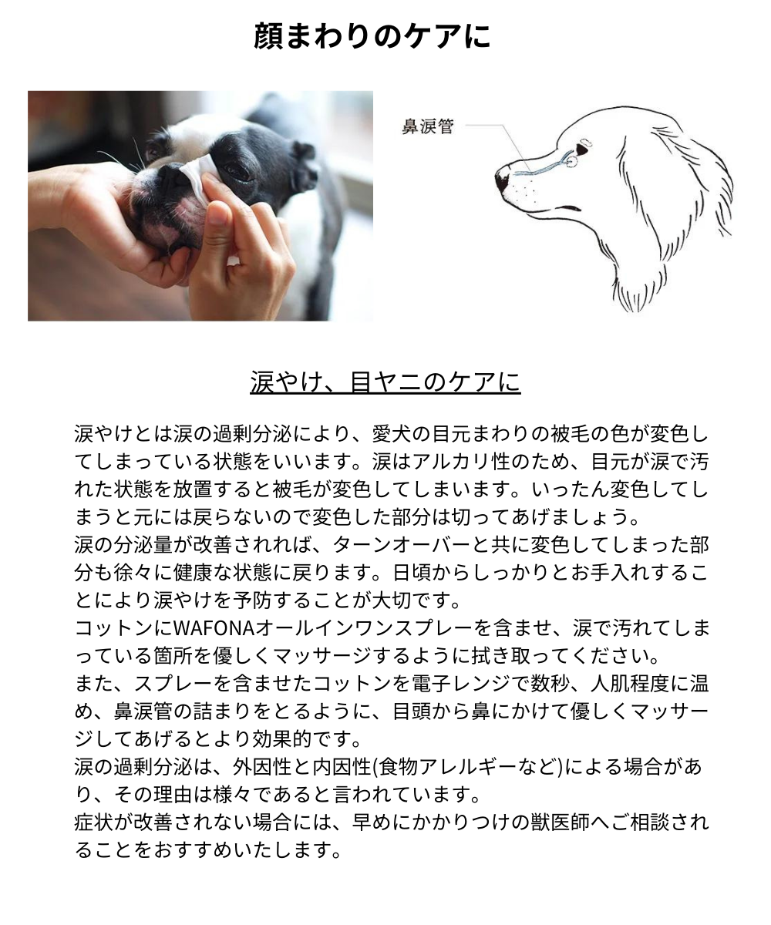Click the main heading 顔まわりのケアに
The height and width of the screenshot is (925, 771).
372,36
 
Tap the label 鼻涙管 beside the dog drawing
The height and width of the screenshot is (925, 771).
428,126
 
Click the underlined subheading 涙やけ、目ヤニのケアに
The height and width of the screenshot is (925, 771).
385,382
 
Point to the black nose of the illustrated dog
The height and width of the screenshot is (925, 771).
502,180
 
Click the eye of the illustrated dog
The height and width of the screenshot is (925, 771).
581,149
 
